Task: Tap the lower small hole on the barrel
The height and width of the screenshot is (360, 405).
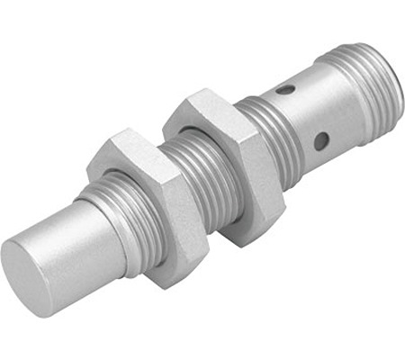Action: [320, 140]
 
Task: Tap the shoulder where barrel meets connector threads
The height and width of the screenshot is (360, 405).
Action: [333, 81]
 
